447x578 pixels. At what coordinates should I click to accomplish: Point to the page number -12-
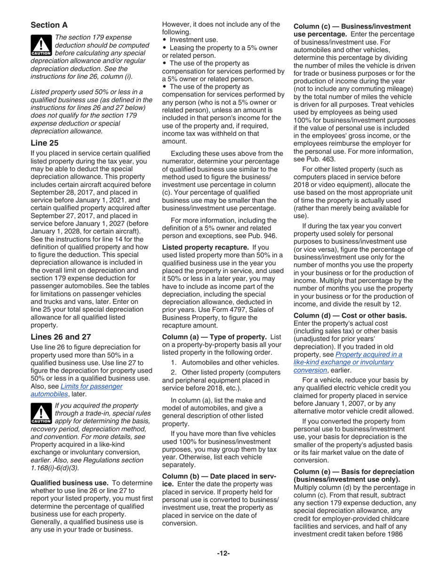coord(223,554)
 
